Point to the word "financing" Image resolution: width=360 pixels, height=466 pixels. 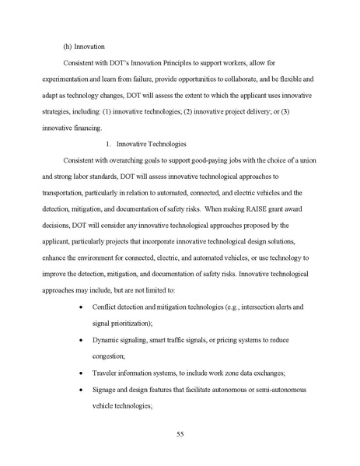pyautogui.click(x=96, y=127)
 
